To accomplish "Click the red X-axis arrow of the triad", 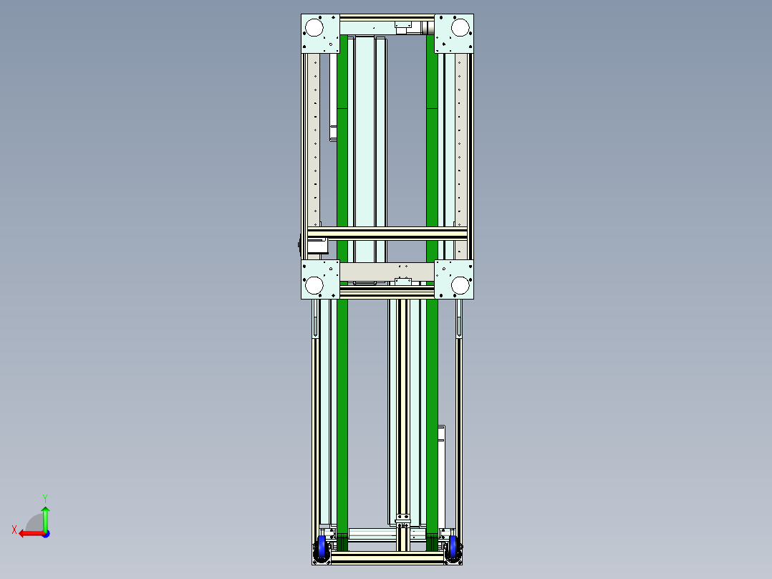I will (30, 533).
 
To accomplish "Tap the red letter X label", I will (14, 530).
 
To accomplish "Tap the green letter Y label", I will (44, 497).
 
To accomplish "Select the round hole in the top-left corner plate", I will (314, 27).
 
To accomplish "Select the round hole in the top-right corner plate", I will (459, 27).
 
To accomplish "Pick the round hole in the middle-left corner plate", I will (314, 285).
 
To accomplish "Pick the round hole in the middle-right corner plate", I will (459, 285).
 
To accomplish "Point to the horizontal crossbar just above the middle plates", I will (387, 234).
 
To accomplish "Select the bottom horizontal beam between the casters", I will (387, 558).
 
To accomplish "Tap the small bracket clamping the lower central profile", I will (404, 517).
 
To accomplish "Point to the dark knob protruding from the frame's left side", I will (299, 245).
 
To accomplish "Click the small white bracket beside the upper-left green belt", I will (333, 133).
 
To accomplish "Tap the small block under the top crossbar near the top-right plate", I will (404, 27).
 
